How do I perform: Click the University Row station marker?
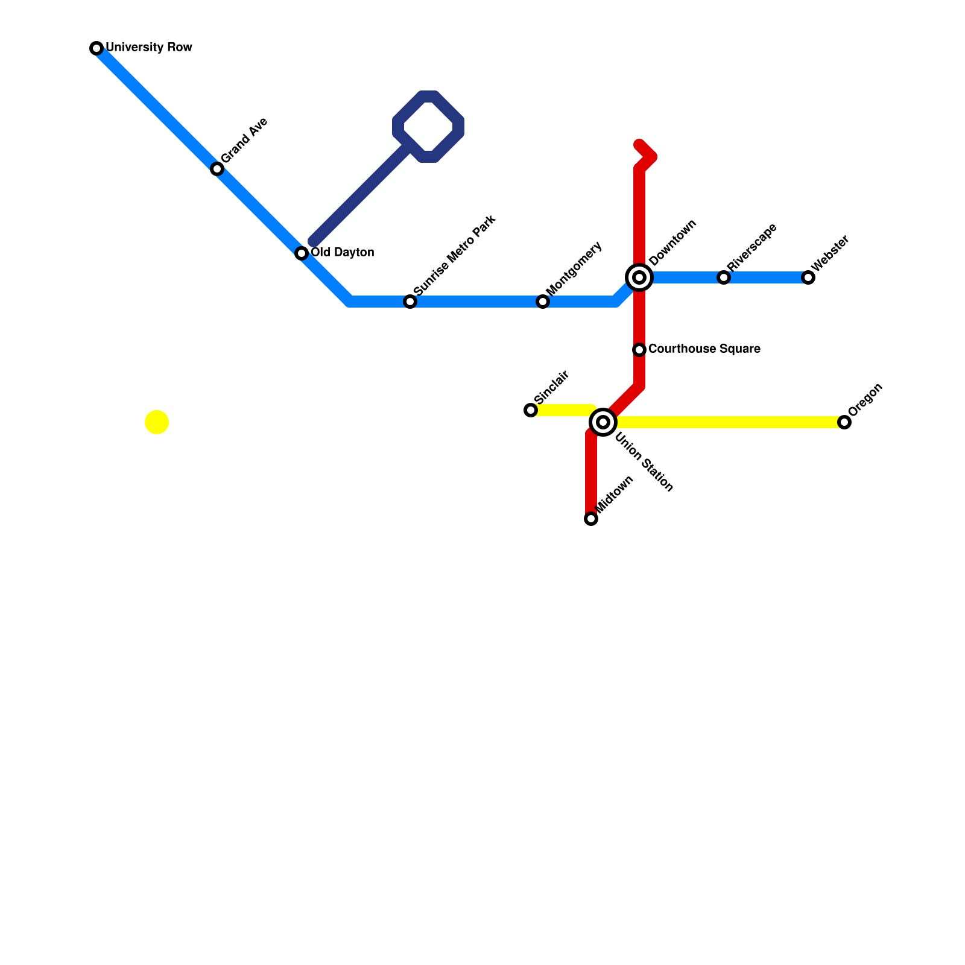pyautogui.click(x=96, y=48)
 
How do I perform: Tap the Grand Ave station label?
pyautogui.click(x=244, y=140)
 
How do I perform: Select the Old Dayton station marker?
pyautogui.click(x=302, y=253)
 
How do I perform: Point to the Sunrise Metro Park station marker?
pyautogui.click(x=410, y=302)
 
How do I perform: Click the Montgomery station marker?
pyautogui.click(x=543, y=302)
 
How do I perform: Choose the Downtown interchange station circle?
pyautogui.click(x=639, y=277)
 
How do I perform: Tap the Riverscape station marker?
pyautogui.click(x=724, y=277)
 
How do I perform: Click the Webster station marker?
pyautogui.click(x=808, y=277)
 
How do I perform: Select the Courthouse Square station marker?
pyautogui.click(x=639, y=350)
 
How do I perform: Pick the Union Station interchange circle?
pyautogui.click(x=603, y=422)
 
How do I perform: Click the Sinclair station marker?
pyautogui.click(x=531, y=410)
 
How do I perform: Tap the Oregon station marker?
pyautogui.click(x=844, y=422)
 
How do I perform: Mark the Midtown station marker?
pyautogui.click(x=591, y=519)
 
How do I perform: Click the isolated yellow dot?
pyautogui.click(x=157, y=422)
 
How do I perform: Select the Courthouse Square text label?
pyautogui.click(x=704, y=349)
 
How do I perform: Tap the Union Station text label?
pyautogui.click(x=644, y=463)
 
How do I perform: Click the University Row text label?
pyautogui.click(x=149, y=48)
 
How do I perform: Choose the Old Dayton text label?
pyautogui.click(x=342, y=253)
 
